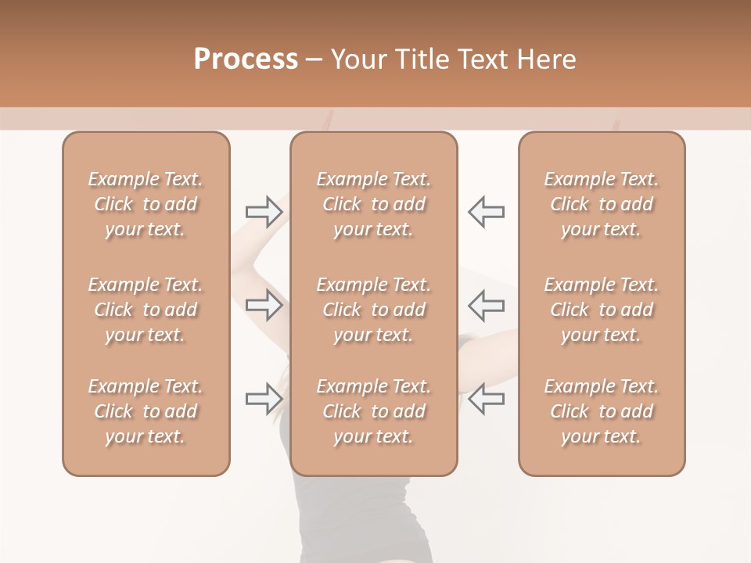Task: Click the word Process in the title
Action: (246, 59)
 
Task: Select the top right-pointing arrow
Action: (264, 211)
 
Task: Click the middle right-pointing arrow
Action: (264, 305)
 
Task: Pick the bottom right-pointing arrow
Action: (264, 399)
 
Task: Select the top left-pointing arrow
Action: (486, 211)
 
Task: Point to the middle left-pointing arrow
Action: (486, 305)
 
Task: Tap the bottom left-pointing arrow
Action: (486, 399)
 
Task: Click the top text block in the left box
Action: (146, 204)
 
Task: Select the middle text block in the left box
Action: (146, 310)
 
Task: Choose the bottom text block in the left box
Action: (146, 411)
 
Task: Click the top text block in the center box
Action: (374, 204)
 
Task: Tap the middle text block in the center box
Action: (374, 310)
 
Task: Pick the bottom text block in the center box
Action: (374, 411)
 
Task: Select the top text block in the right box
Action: (602, 204)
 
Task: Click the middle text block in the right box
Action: (602, 310)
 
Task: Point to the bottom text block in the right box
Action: (602, 411)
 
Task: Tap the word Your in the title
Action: (357, 59)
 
